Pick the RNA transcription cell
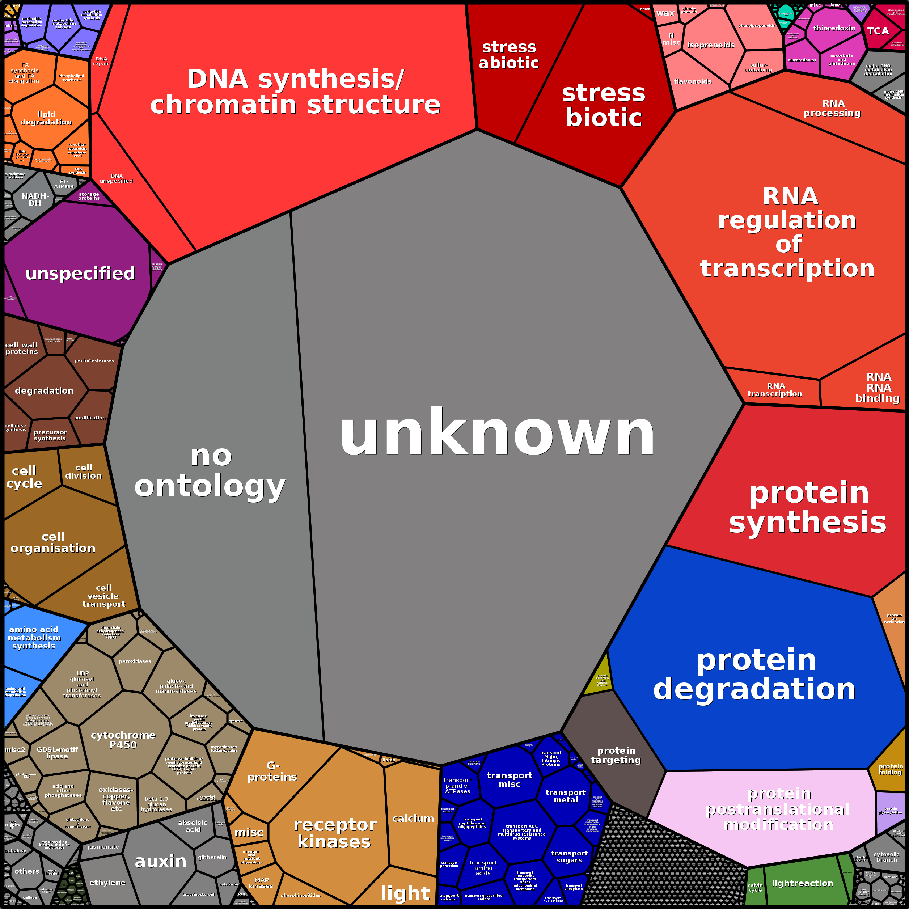[x=774, y=390]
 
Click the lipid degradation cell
[x=46, y=118]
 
